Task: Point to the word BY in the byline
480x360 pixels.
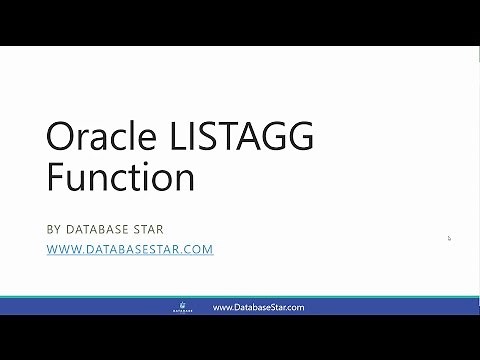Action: [54, 228]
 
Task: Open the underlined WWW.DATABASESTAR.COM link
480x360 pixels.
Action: [130, 249]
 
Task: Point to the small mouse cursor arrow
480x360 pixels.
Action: [449, 238]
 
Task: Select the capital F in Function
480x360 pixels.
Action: [54, 179]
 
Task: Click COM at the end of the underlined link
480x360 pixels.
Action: [199, 249]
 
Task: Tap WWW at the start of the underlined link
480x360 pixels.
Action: [61, 249]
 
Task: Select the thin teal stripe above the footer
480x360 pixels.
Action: [240, 297]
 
